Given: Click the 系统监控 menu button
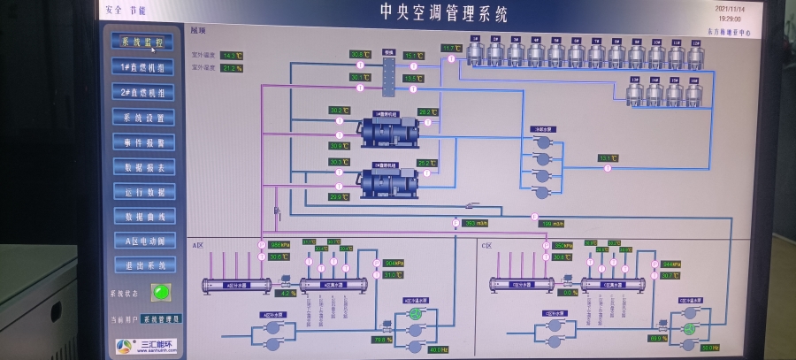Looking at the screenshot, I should [142, 42].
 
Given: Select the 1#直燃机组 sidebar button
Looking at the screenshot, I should [142, 66].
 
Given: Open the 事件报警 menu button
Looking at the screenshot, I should [143, 142].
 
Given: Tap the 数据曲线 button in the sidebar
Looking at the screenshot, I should [143, 216].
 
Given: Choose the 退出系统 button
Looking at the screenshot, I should [143, 265].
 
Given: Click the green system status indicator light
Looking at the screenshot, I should [160, 291].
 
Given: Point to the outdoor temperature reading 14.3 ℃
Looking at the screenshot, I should [232, 55].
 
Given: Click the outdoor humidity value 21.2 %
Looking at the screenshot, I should [232, 68].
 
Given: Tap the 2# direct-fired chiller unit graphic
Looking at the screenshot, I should [387, 182].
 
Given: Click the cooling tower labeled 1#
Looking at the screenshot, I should [476, 53].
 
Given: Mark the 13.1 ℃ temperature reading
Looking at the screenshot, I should [608, 158].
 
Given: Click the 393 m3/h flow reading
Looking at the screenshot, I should [476, 223].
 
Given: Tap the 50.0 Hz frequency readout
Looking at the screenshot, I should [709, 348].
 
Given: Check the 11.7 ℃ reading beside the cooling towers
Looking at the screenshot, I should [452, 48].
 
